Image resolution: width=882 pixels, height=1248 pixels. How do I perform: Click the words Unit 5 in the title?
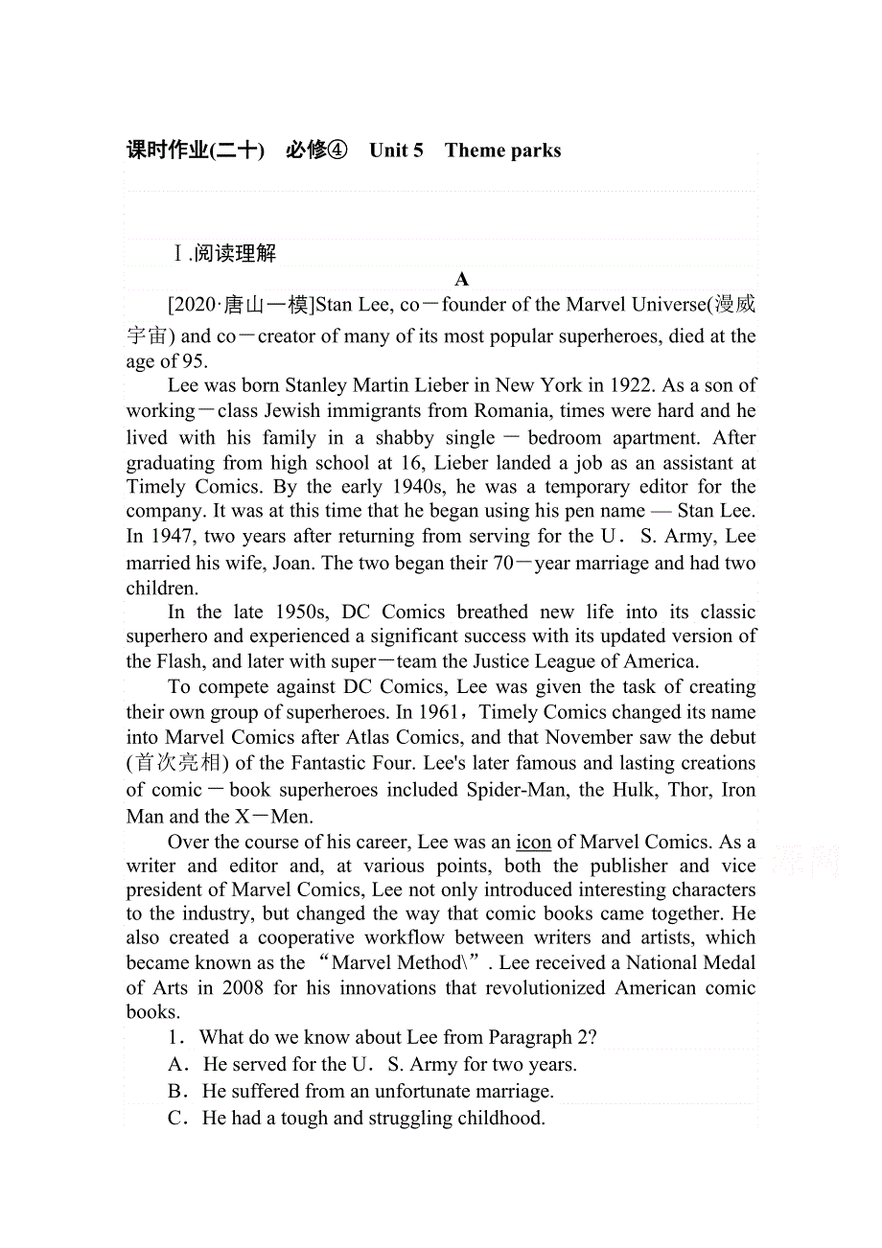[x=396, y=150]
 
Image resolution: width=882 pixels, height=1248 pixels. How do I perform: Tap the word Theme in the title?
[x=475, y=150]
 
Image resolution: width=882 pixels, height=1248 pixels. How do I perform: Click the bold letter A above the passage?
[x=462, y=279]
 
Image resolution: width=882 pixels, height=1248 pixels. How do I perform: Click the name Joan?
[x=291, y=562]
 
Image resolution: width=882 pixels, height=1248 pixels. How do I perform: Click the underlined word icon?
[x=533, y=842]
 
